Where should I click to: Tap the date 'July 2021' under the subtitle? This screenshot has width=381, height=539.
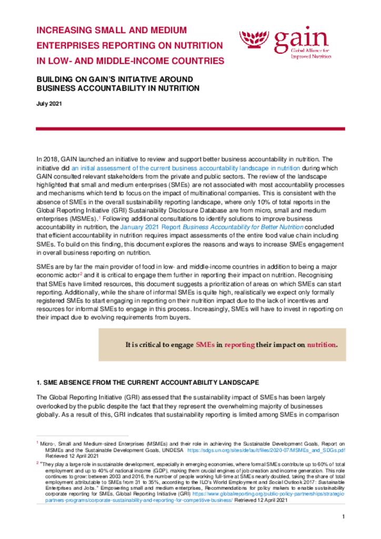point(49,104)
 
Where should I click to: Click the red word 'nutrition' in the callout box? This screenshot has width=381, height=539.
point(321,345)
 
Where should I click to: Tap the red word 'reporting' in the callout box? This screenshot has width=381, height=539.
point(239,345)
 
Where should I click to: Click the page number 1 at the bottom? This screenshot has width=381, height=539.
point(343,517)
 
